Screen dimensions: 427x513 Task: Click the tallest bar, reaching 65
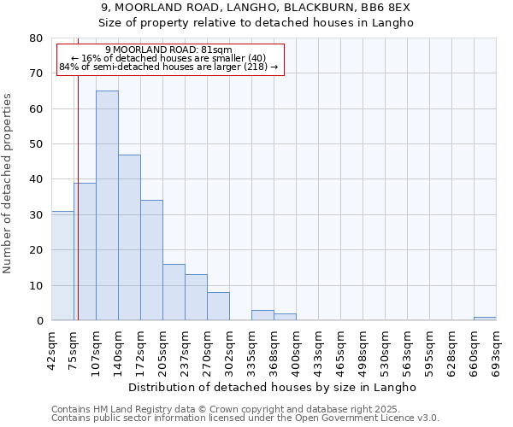click(107, 205)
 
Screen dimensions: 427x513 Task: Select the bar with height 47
click(129, 237)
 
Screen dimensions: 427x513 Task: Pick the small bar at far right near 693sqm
click(485, 319)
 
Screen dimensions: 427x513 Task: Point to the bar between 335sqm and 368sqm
click(262, 315)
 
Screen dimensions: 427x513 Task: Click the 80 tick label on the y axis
click(36, 38)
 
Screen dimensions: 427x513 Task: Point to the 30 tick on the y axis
click(36, 215)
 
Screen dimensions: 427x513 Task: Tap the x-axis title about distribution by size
click(273, 387)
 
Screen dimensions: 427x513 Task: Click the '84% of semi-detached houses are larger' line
click(168, 67)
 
